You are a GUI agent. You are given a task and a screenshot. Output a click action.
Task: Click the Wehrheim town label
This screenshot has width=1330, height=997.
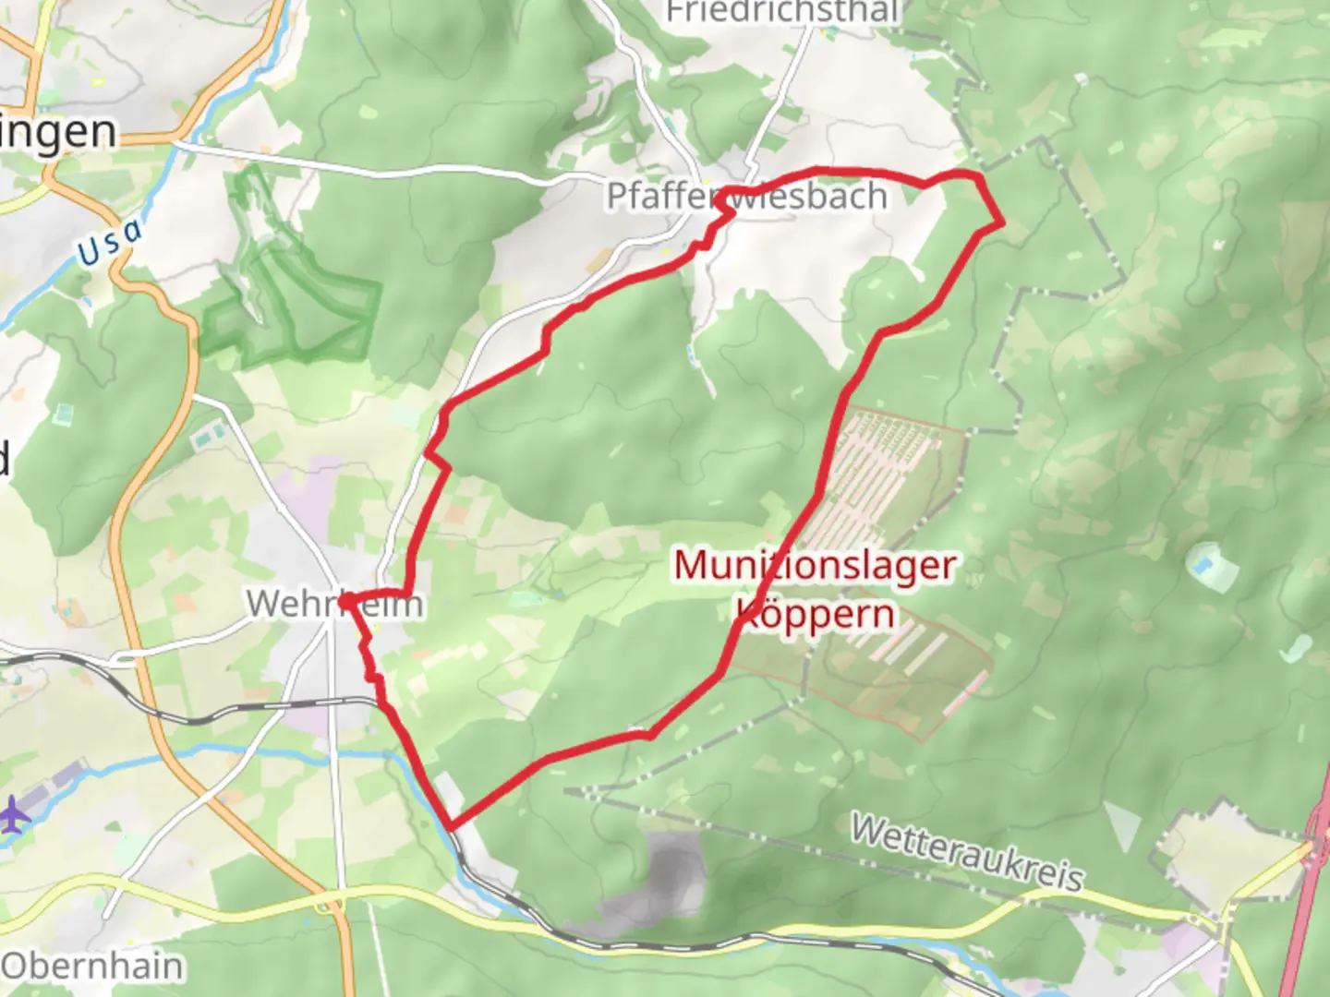(x=334, y=605)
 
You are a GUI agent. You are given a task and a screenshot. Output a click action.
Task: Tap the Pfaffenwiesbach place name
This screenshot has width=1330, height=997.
(x=746, y=196)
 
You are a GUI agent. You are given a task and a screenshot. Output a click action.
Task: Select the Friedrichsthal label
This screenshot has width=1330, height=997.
(x=782, y=12)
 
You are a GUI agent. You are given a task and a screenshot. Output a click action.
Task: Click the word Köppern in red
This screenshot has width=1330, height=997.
(x=816, y=614)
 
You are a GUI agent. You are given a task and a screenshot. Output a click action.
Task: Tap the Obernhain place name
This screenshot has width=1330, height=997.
(x=92, y=966)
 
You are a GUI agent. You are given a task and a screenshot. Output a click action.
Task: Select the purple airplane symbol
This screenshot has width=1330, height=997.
(x=14, y=815)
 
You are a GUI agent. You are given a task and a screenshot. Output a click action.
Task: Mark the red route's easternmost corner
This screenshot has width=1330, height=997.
(x=1002, y=222)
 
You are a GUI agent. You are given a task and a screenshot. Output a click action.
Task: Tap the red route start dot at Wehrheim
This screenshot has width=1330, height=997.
(x=344, y=602)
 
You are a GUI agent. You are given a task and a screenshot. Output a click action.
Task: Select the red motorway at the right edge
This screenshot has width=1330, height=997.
(x=1316, y=905)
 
